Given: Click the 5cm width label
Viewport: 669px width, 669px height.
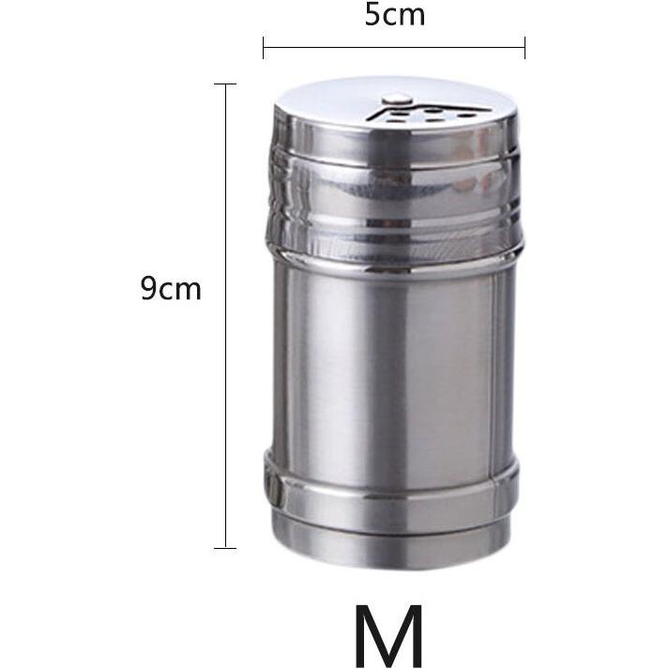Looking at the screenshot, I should (394, 15).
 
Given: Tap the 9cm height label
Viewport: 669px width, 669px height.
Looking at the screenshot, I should (171, 288).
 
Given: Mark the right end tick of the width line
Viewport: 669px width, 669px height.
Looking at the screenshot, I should (525, 45).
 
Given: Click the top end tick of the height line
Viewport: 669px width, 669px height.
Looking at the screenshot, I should (225, 84).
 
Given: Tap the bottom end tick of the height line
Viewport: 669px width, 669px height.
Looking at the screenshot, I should (225, 547).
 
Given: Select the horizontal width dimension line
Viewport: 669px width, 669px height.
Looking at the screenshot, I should (394, 45).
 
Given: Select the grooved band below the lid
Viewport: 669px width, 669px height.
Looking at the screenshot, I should (394, 211).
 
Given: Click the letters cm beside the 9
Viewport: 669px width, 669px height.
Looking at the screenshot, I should (182, 290).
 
